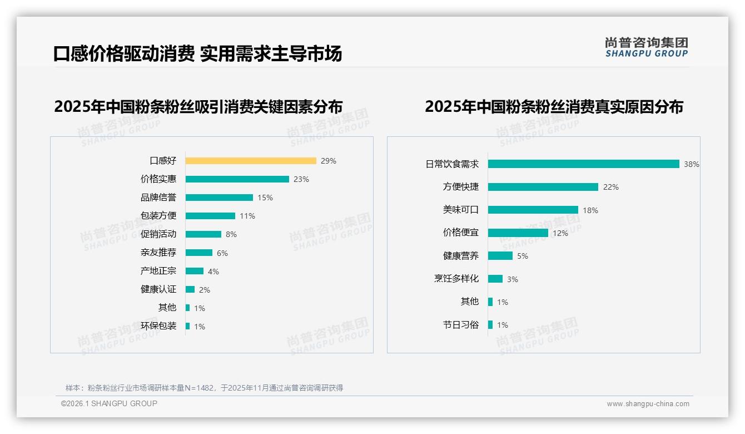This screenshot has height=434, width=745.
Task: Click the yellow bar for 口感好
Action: click(x=251, y=161)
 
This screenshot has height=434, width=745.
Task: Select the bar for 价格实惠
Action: click(x=237, y=179)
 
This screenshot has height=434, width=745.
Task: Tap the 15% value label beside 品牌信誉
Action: click(x=265, y=198)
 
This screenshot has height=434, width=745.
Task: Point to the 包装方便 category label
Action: click(x=158, y=216)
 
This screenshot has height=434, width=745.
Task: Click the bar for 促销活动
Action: click(x=203, y=234)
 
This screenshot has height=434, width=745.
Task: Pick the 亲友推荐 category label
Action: click(x=158, y=253)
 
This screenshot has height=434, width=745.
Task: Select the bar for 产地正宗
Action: click(x=195, y=271)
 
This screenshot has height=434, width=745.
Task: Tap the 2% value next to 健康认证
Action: click(x=204, y=290)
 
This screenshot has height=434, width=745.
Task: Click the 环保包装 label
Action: click(x=158, y=326)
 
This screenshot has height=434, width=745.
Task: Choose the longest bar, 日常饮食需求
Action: click(x=584, y=164)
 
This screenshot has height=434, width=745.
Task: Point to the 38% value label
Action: click(x=692, y=165)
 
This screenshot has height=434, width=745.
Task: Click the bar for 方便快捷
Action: click(x=543, y=187)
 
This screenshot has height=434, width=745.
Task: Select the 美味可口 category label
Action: click(x=461, y=210)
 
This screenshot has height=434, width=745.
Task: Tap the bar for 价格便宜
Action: click(x=518, y=233)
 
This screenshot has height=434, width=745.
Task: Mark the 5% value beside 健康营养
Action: click(x=523, y=257)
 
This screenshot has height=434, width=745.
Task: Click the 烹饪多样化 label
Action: click(x=456, y=279)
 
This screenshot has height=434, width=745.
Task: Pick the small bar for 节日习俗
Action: click(x=490, y=325)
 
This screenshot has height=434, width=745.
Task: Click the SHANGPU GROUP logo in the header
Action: click(x=647, y=47)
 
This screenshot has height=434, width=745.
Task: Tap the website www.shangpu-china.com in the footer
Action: click(x=648, y=404)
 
